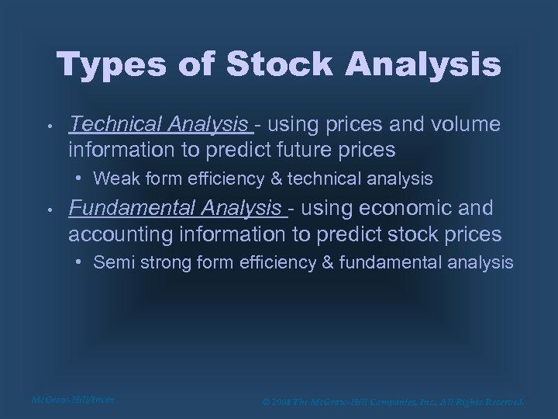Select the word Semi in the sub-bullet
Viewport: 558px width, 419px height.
click(x=111, y=263)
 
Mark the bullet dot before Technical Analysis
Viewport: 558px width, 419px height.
click(x=48, y=124)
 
